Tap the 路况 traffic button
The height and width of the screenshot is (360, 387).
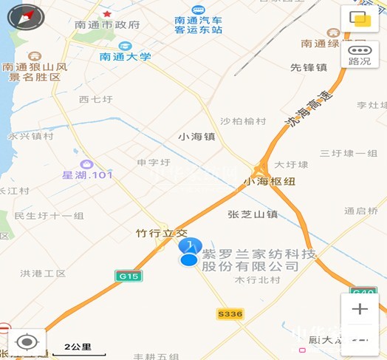coord(360,54)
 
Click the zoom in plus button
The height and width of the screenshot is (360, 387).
coord(360,308)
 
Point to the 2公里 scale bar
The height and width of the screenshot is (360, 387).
coord(78,346)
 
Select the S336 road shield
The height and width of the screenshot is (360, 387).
coord(230,314)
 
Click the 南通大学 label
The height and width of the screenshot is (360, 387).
coord(126,56)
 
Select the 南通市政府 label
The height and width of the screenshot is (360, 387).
coord(108,24)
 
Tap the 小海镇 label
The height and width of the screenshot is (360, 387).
coord(196,137)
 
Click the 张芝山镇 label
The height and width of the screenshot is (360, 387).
coord(253,214)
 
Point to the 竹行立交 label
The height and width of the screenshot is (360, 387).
coord(162,233)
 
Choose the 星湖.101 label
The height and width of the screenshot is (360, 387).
coord(87,175)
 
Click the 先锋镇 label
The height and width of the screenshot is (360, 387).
coord(308,67)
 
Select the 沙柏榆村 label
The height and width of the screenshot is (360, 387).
coord(242,121)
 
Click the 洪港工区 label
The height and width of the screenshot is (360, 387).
coord(44,274)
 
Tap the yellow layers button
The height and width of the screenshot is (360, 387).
coord(360,18)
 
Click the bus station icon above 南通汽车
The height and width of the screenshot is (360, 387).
coord(198,10)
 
